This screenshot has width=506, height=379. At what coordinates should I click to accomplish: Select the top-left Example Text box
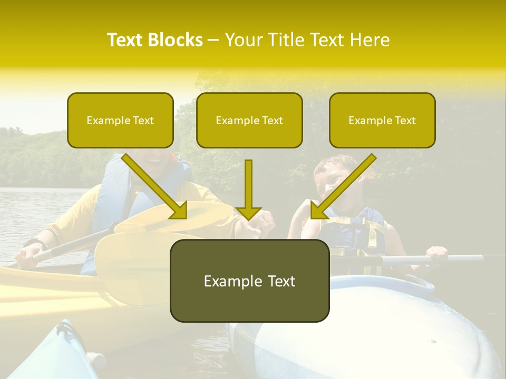click(120, 121)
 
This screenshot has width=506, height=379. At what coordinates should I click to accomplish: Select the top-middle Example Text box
click(249, 121)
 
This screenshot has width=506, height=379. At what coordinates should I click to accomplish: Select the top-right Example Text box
click(382, 121)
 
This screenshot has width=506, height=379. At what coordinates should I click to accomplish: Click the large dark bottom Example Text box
click(249, 281)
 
